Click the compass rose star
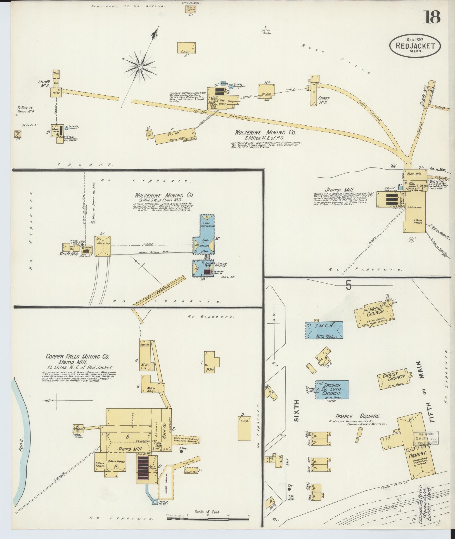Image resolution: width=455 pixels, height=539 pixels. point(139,67)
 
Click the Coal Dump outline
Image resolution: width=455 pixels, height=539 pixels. point(166,480)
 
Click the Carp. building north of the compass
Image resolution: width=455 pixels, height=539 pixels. point(186,48)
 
